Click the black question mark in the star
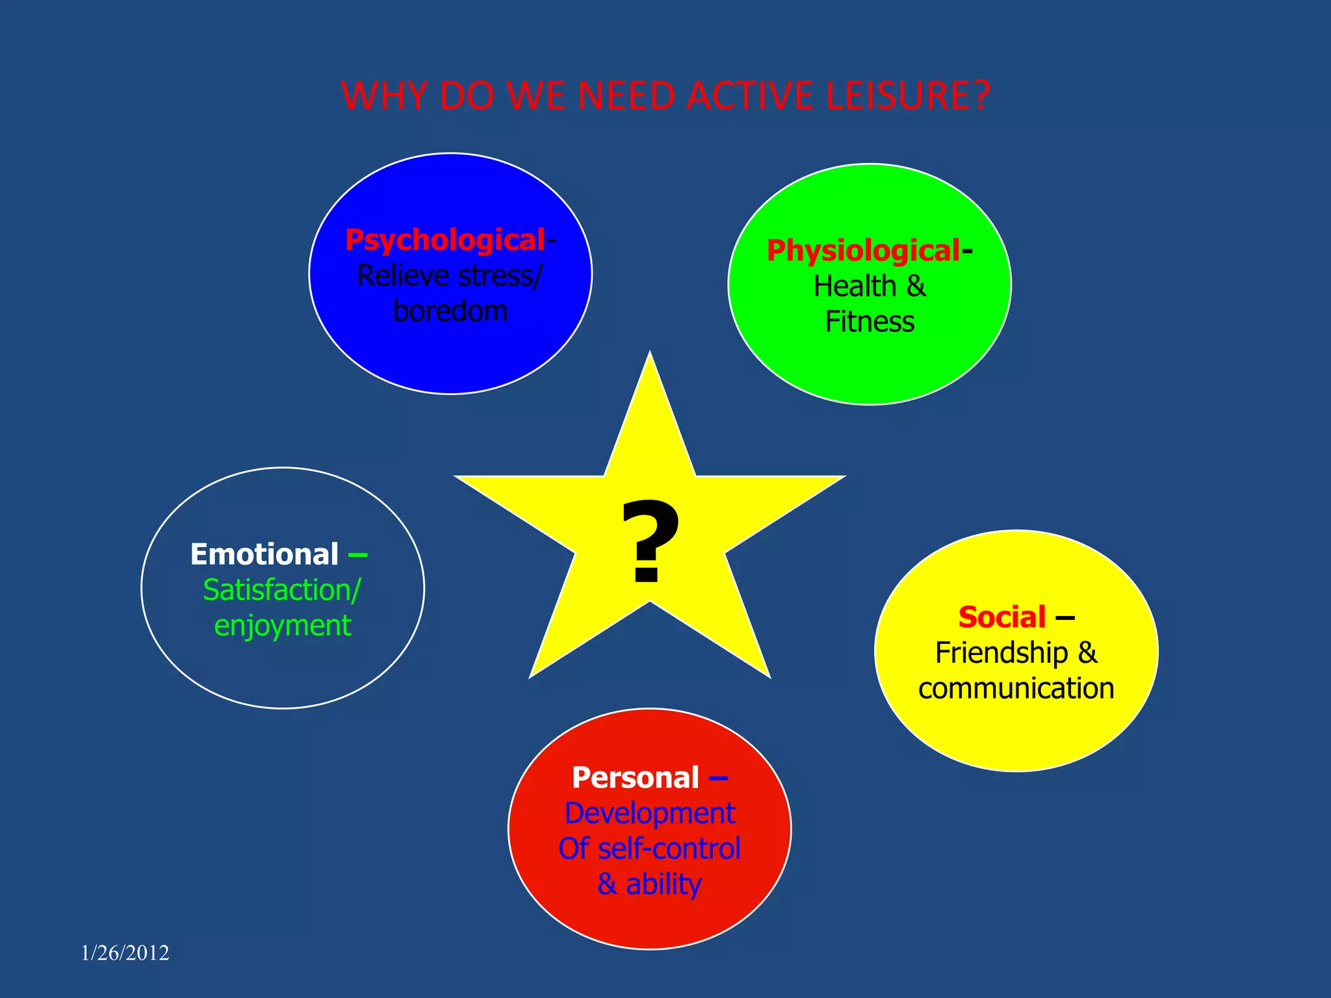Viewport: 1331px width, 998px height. [649, 543]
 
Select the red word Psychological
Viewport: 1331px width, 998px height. [445, 240]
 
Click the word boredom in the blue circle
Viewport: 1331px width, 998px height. [450, 311]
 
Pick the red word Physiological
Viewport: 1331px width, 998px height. [863, 251]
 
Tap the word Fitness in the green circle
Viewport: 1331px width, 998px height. [870, 322]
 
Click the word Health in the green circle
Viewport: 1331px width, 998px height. [855, 287]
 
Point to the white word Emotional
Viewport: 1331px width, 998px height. [265, 555]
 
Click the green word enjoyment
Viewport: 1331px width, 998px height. [283, 626]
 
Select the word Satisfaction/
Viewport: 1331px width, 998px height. [281, 590]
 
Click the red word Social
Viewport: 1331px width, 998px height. [1002, 617]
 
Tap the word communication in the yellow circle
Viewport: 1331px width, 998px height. [1016, 689]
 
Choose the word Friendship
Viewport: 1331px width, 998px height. [1001, 653]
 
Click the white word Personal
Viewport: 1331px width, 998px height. [636, 778]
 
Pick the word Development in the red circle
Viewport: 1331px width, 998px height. [650, 813]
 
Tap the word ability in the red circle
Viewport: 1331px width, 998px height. [664, 884]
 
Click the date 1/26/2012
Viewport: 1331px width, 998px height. [125, 953]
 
